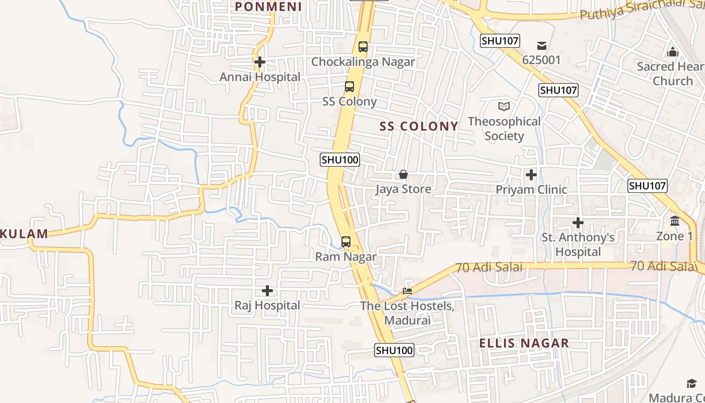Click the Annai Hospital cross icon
[x=260, y=62]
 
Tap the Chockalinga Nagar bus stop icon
[x=363, y=47]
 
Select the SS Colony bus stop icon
[x=349, y=87]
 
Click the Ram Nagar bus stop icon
[x=346, y=241]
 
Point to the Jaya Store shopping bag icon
[x=403, y=174]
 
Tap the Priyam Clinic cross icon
[x=531, y=175]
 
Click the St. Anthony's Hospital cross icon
[x=578, y=222]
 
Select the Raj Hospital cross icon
[x=267, y=291]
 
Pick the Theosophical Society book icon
[x=504, y=106]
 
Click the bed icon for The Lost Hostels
[x=407, y=291]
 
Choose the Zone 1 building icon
[x=675, y=221]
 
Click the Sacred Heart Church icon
[x=672, y=52]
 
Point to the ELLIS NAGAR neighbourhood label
[x=524, y=344]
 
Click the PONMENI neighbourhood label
[x=268, y=7]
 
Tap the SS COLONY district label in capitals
[x=419, y=126]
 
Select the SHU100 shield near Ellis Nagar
[x=394, y=350]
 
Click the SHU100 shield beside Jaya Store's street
[x=340, y=160]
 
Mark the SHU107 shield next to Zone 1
[x=648, y=186]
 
